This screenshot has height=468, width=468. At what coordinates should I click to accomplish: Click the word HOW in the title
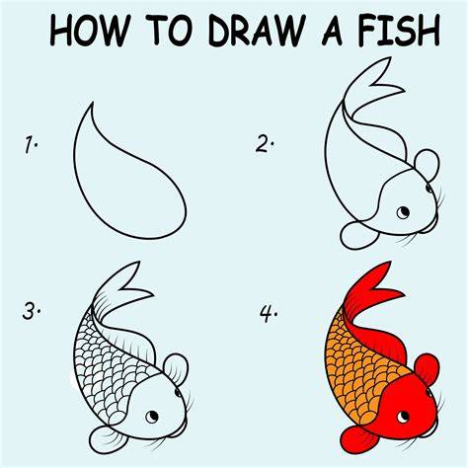tap(89, 31)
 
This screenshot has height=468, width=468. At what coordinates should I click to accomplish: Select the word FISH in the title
tap(399, 31)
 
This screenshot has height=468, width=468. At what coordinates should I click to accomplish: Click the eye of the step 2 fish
tap(403, 212)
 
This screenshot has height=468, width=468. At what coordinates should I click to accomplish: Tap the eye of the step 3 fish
tap(152, 417)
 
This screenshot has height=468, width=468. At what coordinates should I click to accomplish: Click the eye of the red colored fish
tap(403, 418)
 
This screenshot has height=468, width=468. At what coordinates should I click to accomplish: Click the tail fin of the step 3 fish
tap(120, 289)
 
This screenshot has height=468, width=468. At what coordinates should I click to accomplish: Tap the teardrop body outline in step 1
tap(76, 165)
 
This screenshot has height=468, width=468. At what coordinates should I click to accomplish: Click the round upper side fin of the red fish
tap(428, 368)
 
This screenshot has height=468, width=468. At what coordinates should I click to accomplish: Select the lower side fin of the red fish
tap(357, 440)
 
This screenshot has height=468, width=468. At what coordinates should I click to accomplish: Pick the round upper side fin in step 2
tap(428, 164)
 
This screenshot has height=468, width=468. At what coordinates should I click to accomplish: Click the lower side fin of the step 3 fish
tap(106, 439)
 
